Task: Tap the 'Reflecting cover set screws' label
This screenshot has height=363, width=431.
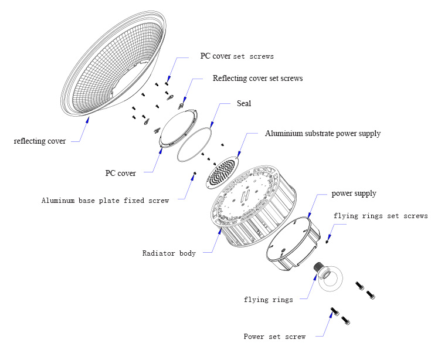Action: click(257, 79)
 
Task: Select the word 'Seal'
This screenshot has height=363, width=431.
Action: click(244, 103)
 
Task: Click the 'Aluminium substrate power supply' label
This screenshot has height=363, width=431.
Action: click(323, 134)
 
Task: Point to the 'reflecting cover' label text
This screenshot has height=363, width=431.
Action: click(40, 141)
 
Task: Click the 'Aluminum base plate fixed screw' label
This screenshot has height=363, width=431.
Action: click(105, 201)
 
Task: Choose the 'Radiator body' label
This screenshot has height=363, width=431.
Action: click(169, 253)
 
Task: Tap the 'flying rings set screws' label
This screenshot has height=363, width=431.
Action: click(381, 216)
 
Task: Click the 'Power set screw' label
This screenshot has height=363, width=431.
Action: click(274, 337)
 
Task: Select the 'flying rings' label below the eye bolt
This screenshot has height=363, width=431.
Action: click(268, 300)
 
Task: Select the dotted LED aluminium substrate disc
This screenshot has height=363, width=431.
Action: click(223, 171)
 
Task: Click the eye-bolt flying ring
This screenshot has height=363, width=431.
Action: click(331, 279)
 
